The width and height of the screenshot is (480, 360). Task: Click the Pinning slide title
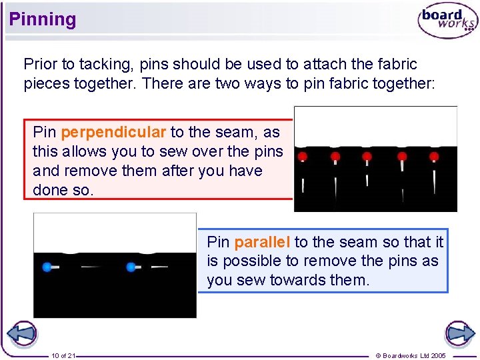43,19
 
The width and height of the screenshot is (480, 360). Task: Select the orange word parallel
262,242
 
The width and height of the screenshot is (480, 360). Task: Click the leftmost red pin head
303,156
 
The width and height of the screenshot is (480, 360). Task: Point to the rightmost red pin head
434,156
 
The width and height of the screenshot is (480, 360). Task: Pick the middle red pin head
367,156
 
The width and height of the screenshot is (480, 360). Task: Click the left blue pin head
47,267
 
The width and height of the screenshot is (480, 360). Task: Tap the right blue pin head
131,267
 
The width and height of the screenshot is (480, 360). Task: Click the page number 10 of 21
63,355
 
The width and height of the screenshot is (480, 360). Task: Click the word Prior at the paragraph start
40,65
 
